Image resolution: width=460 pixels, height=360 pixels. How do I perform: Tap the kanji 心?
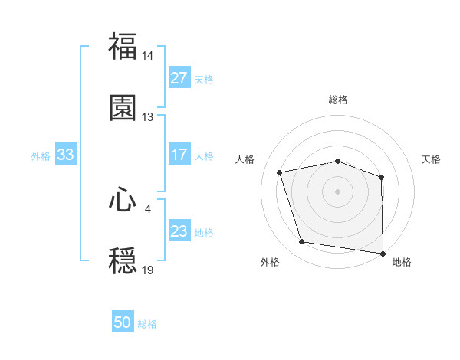(123, 200)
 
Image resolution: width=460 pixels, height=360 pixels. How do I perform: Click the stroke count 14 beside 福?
(148, 56)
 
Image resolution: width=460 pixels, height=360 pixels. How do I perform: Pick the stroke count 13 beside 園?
(148, 116)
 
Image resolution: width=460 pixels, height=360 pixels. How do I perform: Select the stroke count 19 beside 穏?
(148, 270)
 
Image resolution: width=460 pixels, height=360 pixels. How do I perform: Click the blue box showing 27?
(179, 78)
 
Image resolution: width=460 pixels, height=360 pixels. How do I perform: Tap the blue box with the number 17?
(179, 155)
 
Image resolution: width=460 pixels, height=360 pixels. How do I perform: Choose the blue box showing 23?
(179, 231)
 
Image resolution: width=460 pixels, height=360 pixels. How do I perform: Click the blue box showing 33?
(65, 155)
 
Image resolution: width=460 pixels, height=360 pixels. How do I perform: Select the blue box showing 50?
(123, 322)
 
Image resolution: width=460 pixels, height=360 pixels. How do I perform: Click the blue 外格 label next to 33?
(41, 155)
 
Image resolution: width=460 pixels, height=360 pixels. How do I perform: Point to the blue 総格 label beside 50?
(147, 324)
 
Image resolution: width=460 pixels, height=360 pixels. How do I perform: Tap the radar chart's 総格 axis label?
(338, 100)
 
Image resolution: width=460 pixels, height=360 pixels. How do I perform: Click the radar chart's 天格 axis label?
(432, 159)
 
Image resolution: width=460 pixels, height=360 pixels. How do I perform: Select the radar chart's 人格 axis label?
(245, 159)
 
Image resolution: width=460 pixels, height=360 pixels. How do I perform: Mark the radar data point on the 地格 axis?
(383, 253)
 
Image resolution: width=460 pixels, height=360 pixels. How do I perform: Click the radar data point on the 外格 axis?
(302, 242)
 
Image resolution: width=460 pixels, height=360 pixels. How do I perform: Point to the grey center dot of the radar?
(338, 191)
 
